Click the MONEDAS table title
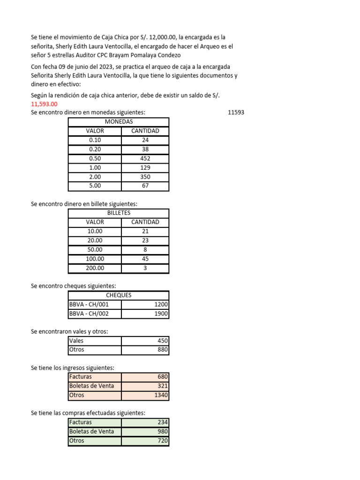[x=119, y=122]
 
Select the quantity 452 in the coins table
[x=145, y=158]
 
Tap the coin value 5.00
[x=95, y=186]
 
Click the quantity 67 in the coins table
[x=145, y=186]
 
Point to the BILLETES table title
[x=119, y=213]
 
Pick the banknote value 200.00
[x=95, y=268]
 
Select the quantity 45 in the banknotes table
[x=145, y=259]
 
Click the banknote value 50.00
[x=95, y=250]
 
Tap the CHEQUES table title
[x=119, y=295]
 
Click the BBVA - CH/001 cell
[x=89, y=305]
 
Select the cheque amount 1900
[x=161, y=314]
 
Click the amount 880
[x=162, y=350]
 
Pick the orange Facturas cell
[x=81, y=377]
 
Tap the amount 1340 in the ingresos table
[x=161, y=395]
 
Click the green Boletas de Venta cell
[x=91, y=432]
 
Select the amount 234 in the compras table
[x=162, y=422]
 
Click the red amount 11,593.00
[x=44, y=104]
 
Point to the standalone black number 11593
[x=236, y=112]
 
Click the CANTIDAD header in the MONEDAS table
[x=145, y=131]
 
